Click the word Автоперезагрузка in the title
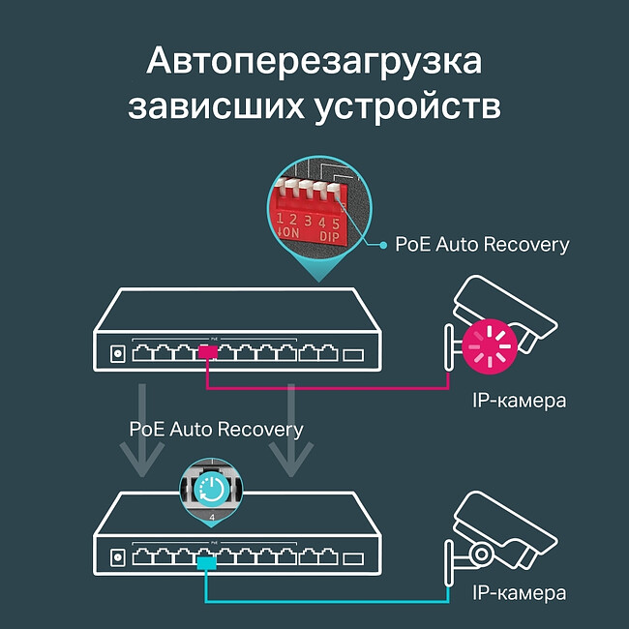(314, 62)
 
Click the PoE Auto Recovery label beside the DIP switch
(482, 244)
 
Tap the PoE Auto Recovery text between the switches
(216, 429)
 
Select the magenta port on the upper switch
(207, 353)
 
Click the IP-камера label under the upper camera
(519, 400)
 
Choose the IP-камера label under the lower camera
(519, 593)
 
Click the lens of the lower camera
(481, 554)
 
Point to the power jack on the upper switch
(117, 354)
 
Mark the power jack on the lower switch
(117, 558)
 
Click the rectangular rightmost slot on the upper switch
(353, 354)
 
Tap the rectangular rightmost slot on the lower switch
(353, 558)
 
